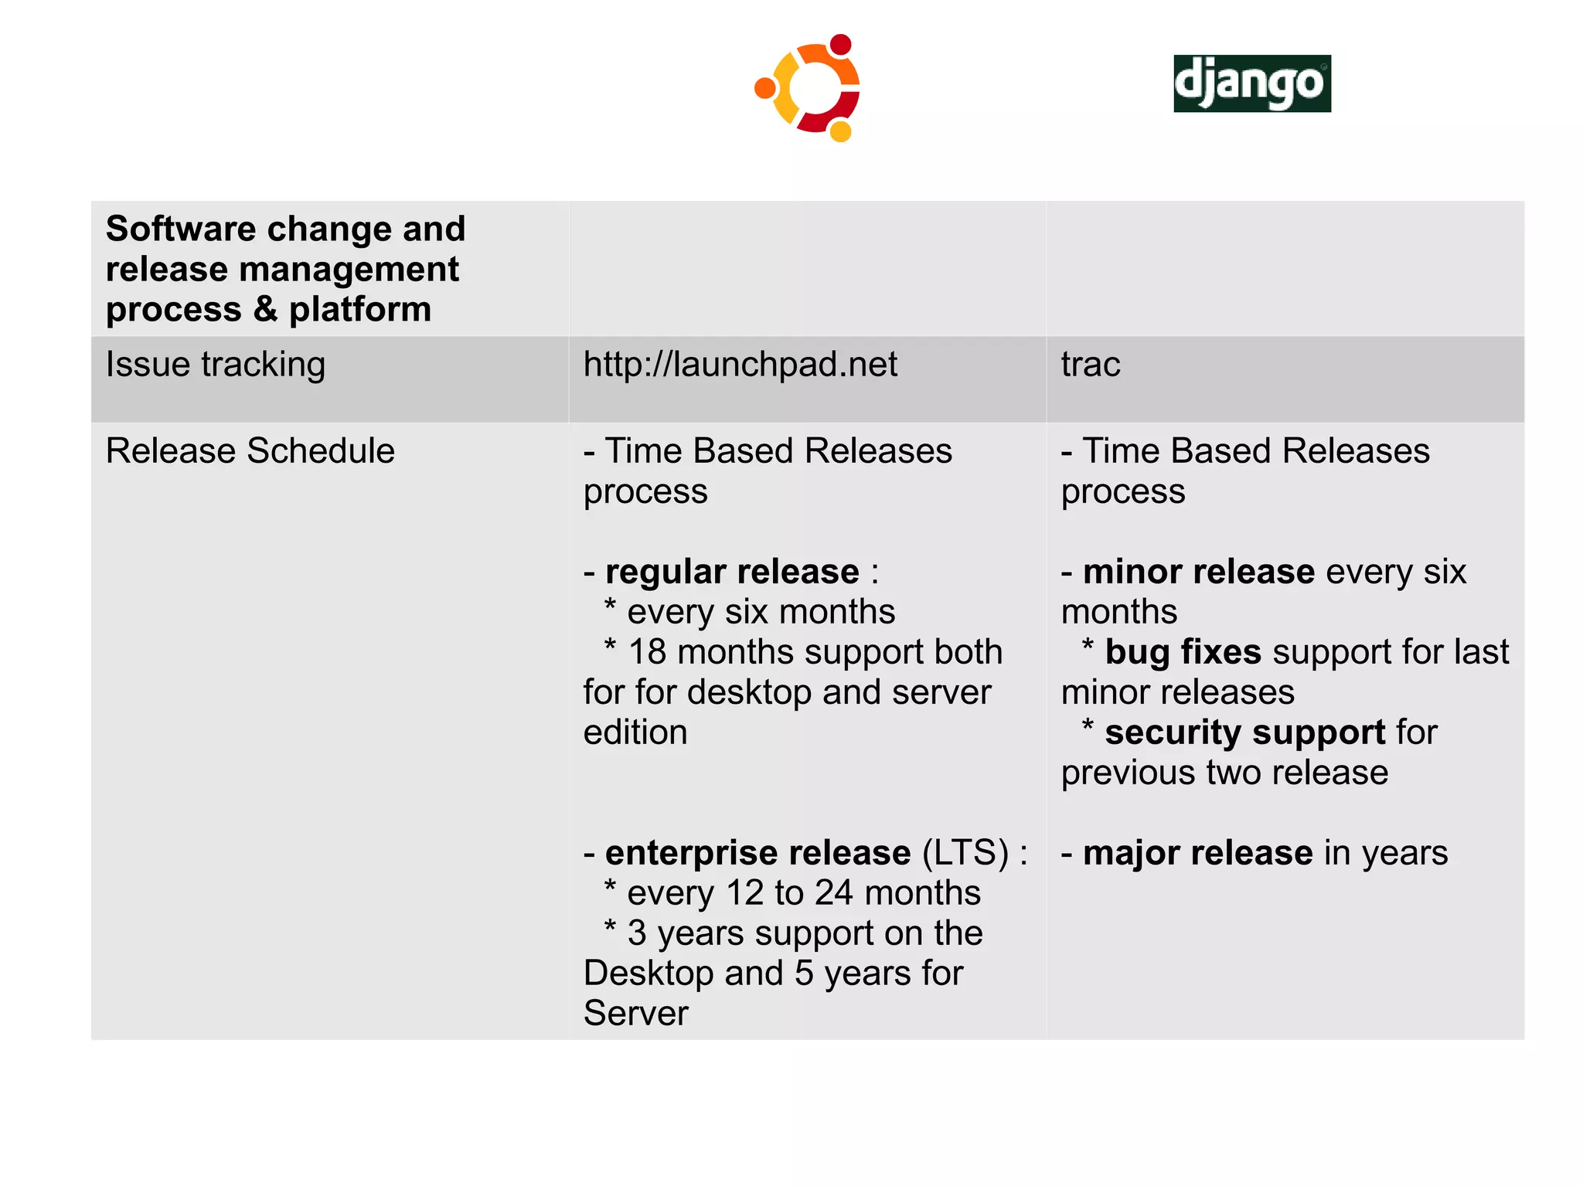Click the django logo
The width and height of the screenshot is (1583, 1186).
click(x=1251, y=83)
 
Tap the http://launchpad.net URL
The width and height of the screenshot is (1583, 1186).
click(x=740, y=364)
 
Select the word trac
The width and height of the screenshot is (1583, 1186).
click(x=1090, y=364)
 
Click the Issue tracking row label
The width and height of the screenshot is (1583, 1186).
click(x=215, y=364)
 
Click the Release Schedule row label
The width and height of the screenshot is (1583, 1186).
click(x=250, y=450)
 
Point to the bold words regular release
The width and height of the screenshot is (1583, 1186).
click(x=731, y=572)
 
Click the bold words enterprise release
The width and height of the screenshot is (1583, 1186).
click(x=757, y=853)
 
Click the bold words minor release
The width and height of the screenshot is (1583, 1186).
click(x=1198, y=572)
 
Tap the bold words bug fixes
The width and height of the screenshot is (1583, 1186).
click(x=1183, y=652)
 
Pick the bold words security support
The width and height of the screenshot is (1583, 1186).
click(x=1244, y=732)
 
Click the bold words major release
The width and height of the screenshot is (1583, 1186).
click(x=1197, y=853)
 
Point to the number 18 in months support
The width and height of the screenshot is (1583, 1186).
click(x=647, y=652)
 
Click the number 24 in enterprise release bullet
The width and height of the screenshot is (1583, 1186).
click(x=833, y=893)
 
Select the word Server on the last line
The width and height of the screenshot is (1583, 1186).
click(x=635, y=1014)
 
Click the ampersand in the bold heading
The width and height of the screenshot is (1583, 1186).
click(x=265, y=309)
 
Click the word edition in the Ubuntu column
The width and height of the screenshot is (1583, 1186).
click(x=635, y=732)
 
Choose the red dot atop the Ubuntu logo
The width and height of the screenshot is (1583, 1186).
click(x=840, y=45)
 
